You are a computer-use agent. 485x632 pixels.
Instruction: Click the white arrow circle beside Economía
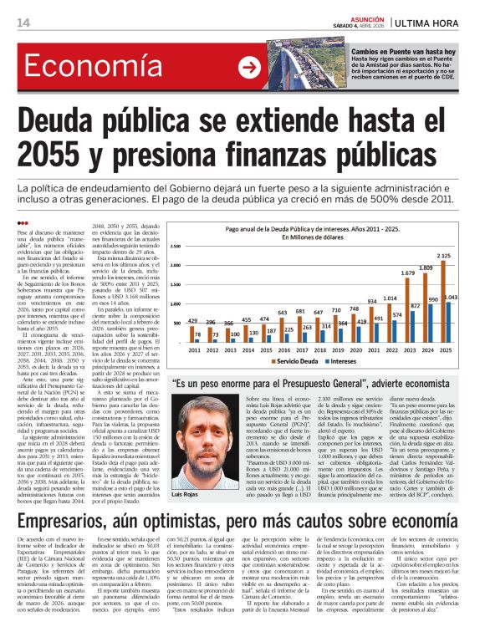[249, 68]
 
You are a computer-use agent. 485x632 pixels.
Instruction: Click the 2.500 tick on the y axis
[176, 246]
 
